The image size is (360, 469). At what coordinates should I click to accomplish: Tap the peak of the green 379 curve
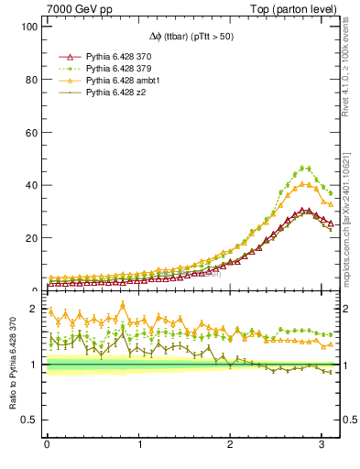point(303,168)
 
